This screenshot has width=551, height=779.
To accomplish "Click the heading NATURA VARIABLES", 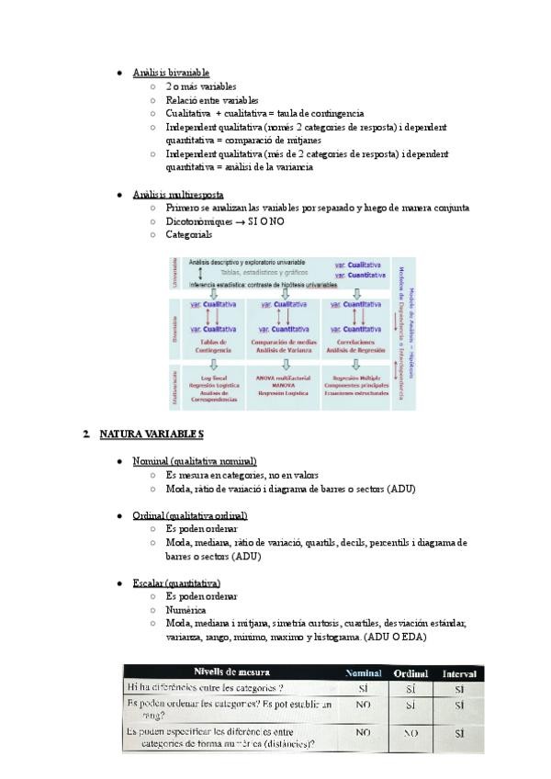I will [x=152, y=434].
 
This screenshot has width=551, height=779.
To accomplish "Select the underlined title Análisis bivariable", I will [x=171, y=72].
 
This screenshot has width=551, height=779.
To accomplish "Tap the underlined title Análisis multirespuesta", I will [x=177, y=195].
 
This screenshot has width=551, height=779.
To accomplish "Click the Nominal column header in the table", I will [x=364, y=673].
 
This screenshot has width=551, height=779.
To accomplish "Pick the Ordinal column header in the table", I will [x=410, y=673].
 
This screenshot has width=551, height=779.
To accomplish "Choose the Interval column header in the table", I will [x=458, y=673].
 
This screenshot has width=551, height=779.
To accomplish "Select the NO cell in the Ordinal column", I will [x=410, y=734].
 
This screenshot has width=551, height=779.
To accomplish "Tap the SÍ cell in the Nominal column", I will [x=364, y=687].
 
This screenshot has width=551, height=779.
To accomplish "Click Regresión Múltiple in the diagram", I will [x=357, y=378].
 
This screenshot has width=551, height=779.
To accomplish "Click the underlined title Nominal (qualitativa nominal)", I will [x=195, y=461].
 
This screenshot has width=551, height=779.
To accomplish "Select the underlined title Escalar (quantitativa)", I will [x=176, y=582].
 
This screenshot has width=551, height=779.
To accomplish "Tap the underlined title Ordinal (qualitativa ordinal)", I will [x=189, y=515].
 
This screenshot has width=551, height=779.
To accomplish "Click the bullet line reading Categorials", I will [x=188, y=234].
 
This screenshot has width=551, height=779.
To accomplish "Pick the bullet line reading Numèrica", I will [x=186, y=609].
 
